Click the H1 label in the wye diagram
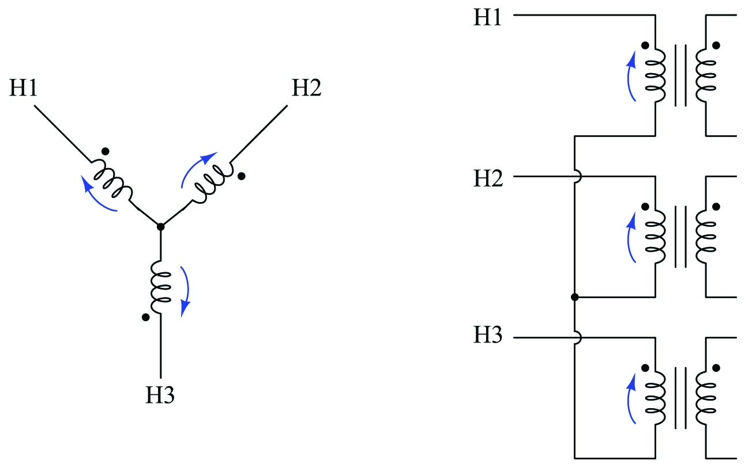[23, 89]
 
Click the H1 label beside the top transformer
[488, 17]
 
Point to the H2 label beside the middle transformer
[488, 178]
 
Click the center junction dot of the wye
[160, 226]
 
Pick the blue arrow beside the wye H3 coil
[185, 291]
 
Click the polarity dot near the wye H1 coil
[104, 151]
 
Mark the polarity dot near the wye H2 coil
[242, 176]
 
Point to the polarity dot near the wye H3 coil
[145, 317]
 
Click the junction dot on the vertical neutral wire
[574, 297]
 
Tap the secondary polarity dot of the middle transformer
[716, 206]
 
